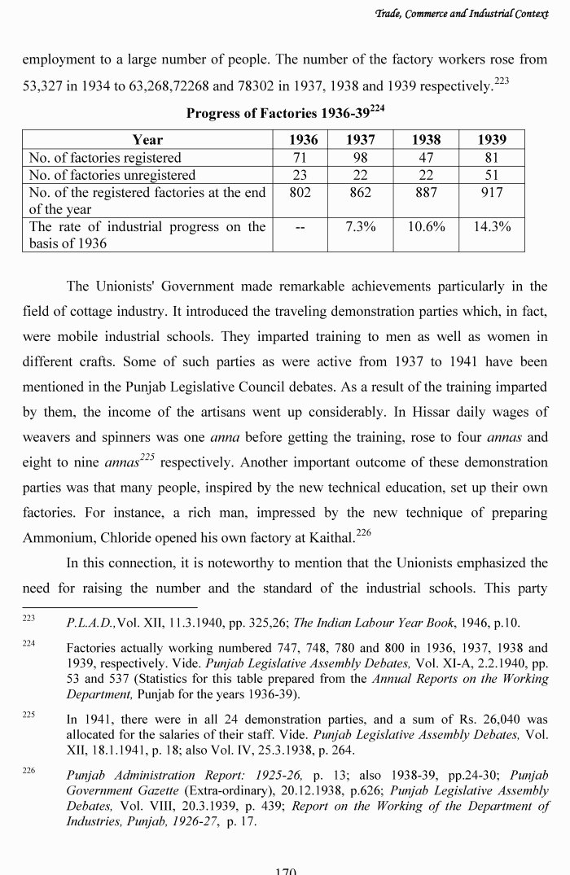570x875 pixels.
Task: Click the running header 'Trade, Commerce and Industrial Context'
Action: click(x=472, y=11)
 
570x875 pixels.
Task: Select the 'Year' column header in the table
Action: click(x=147, y=139)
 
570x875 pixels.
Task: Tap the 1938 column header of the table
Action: click(x=426, y=139)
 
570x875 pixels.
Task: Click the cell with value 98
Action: click(x=360, y=157)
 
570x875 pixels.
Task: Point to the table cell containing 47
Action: click(x=426, y=157)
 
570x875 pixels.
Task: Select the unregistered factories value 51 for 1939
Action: click(x=492, y=175)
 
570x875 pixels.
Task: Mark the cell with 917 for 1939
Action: click(x=492, y=193)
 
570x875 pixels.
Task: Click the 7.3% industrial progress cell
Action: click(x=360, y=227)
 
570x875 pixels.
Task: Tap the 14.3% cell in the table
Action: click(x=492, y=227)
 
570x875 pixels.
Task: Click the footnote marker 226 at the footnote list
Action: click(x=28, y=768)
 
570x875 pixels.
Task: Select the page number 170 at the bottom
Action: click(x=285, y=870)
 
